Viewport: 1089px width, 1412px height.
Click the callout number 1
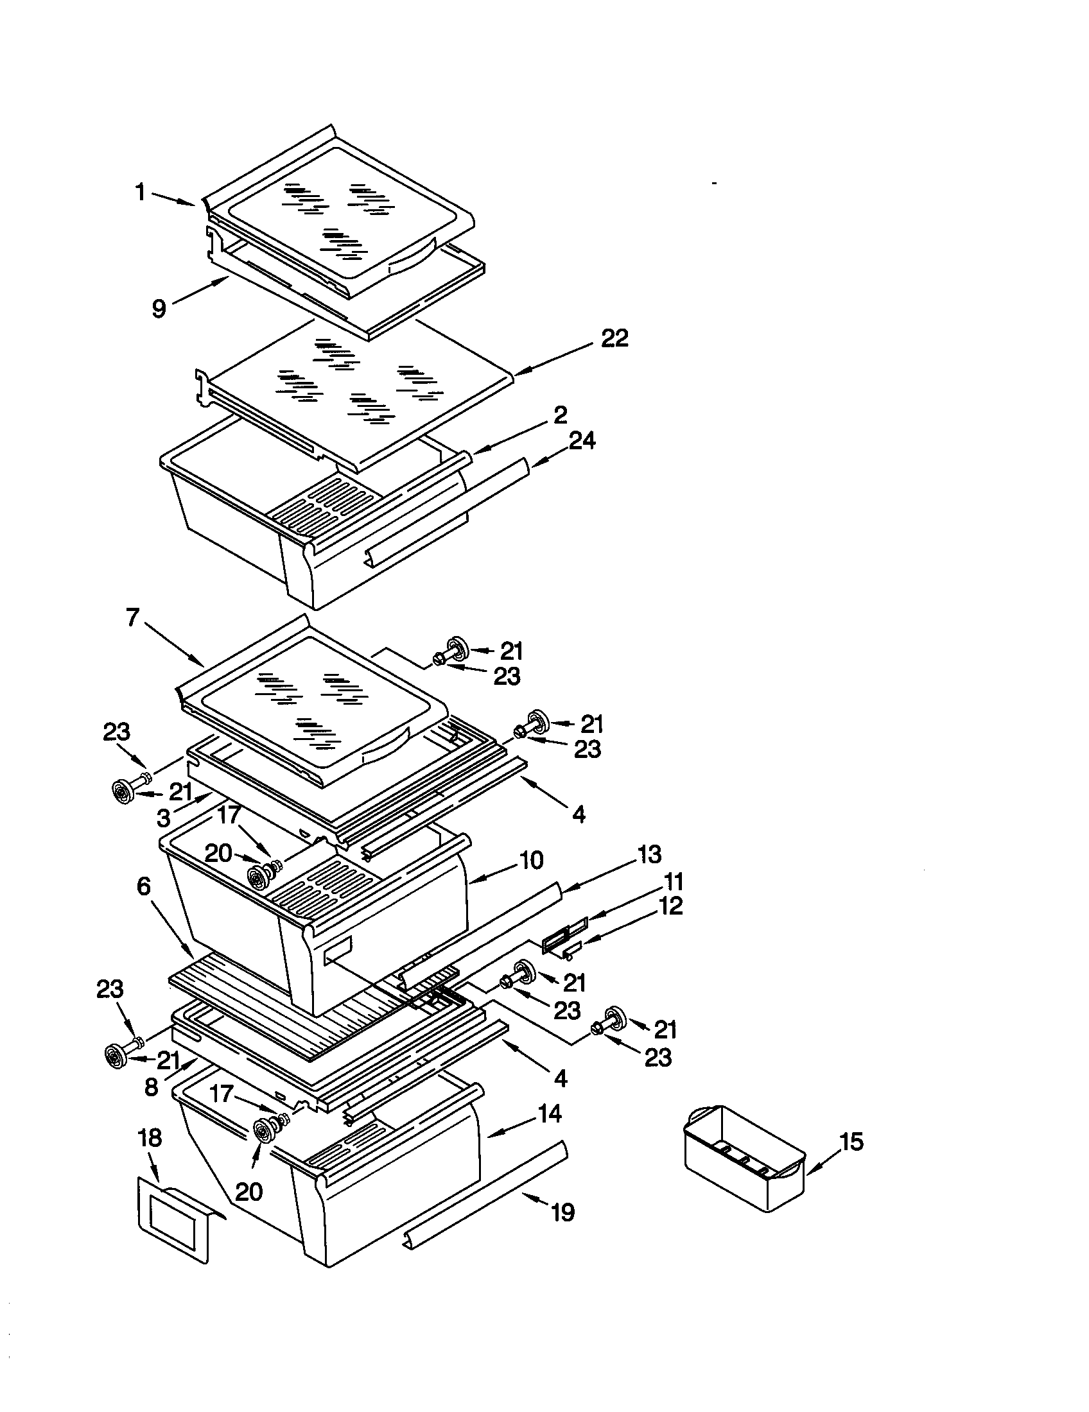coord(141,192)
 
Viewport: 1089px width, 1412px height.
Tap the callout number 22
coord(614,338)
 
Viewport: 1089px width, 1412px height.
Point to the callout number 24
coord(582,441)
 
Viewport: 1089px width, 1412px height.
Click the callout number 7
coord(132,618)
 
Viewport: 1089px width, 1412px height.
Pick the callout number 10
coord(530,861)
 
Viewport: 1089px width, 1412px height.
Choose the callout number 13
coord(649,855)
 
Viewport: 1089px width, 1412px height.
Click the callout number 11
coord(671,882)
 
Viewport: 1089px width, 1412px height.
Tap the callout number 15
coord(851,1142)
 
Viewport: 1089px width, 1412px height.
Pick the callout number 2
coord(560,414)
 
